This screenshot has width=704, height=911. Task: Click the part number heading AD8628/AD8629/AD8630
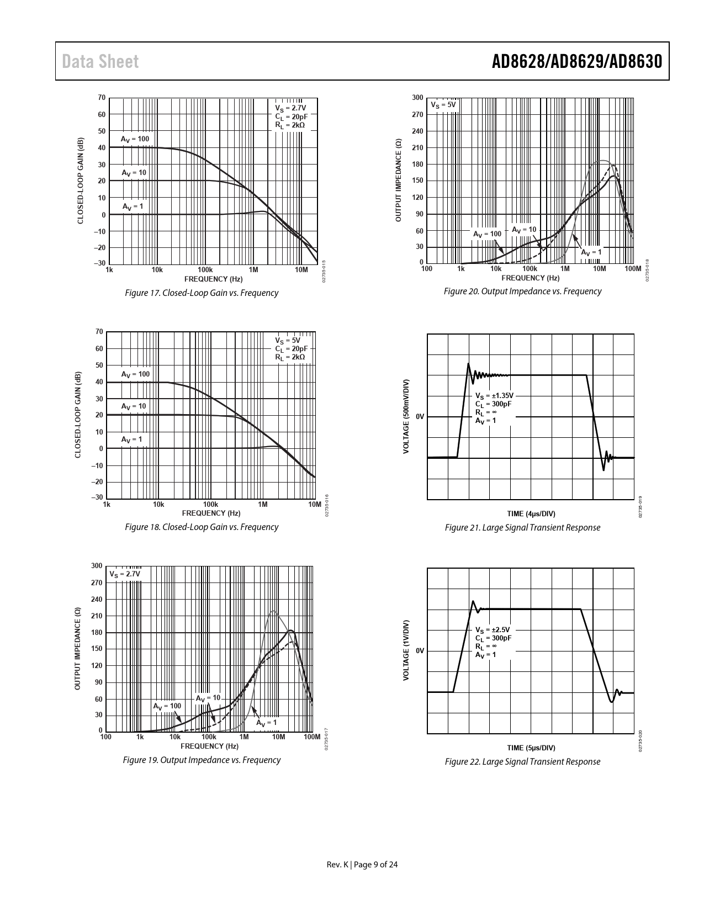[576, 61]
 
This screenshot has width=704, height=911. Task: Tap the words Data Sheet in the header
[100, 62]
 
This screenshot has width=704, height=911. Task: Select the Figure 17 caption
[202, 293]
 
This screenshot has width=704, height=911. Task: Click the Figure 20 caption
[522, 292]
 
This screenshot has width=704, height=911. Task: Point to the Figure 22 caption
[522, 762]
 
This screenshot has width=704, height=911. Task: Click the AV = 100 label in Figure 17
[135, 139]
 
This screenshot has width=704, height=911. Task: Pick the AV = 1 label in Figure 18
[131, 439]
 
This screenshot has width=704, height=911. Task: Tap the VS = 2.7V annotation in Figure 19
[125, 574]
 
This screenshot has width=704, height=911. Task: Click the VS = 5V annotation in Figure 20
[443, 105]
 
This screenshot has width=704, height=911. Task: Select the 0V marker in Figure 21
[420, 416]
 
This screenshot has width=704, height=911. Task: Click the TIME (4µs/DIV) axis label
[531, 514]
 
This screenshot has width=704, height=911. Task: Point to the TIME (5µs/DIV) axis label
[531, 748]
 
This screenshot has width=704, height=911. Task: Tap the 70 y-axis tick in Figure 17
[102, 98]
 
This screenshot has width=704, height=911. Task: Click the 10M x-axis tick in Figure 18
[314, 505]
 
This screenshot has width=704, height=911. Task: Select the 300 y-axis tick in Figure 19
[97, 566]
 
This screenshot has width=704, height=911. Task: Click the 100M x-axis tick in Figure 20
[632, 269]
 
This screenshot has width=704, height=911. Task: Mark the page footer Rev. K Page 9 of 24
[362, 865]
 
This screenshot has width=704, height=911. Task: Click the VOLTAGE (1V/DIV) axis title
[406, 650]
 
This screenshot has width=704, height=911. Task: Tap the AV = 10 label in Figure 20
[523, 230]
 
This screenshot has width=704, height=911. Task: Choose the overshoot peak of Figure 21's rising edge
[469, 363]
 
